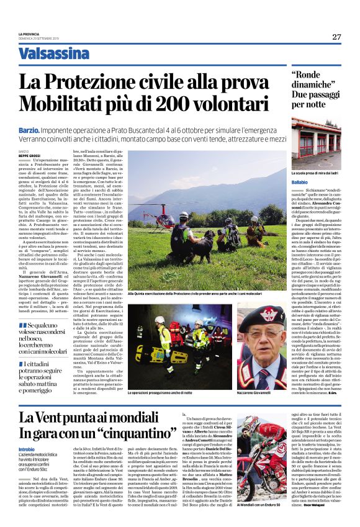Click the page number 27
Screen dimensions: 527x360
click(336, 37)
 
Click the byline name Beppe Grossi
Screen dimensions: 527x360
click(29, 156)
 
